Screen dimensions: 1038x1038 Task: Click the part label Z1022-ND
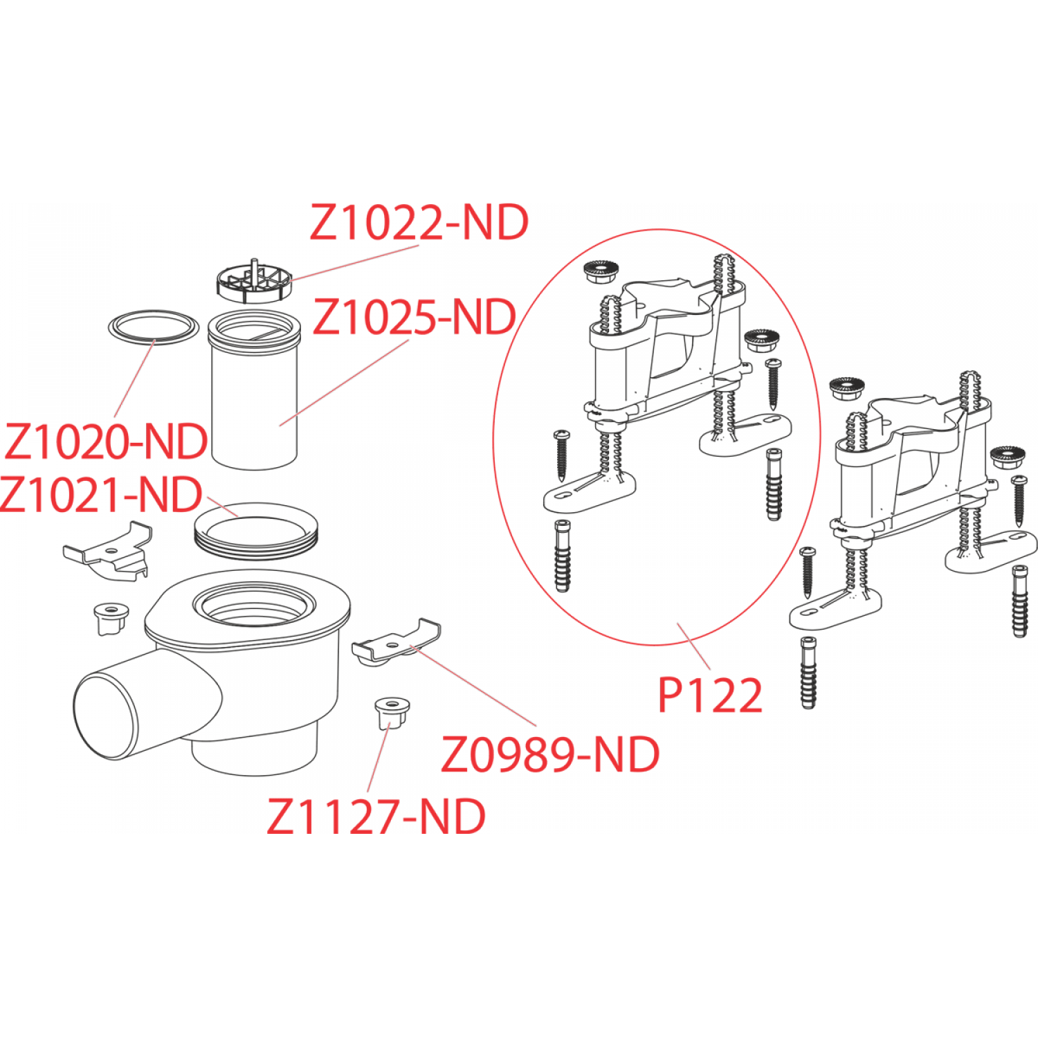(x=419, y=222)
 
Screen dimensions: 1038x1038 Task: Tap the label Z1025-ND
(x=415, y=317)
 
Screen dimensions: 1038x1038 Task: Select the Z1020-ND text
(x=106, y=441)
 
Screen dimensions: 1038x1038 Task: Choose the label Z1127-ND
(x=376, y=816)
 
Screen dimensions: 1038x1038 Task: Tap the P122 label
(x=710, y=695)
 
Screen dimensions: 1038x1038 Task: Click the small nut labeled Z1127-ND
(x=392, y=713)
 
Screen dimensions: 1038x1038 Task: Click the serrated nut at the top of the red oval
(x=594, y=273)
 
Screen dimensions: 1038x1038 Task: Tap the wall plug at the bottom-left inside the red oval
(x=562, y=556)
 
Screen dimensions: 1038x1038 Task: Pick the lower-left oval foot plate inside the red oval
(x=588, y=489)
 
